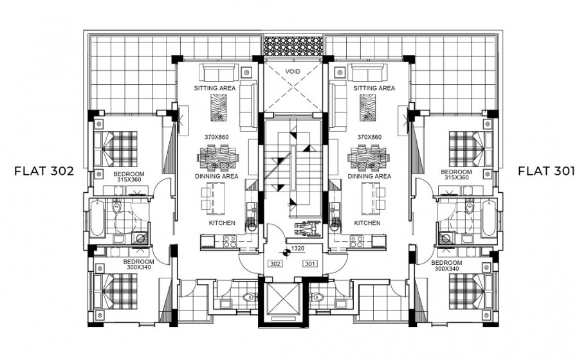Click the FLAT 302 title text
(x=44, y=171)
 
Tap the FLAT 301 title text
(x=546, y=171)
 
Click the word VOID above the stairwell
(x=293, y=71)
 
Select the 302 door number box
(x=275, y=264)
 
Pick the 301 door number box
(x=310, y=264)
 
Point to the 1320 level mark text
(x=298, y=249)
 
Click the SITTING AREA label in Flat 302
(x=215, y=88)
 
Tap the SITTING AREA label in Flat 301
(x=374, y=88)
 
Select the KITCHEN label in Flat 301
(x=367, y=223)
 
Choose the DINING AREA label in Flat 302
(x=217, y=176)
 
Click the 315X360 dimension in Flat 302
(x=129, y=180)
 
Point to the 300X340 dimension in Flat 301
(x=447, y=269)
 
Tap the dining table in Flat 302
(x=218, y=158)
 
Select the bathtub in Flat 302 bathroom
(x=98, y=218)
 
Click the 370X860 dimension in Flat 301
(x=369, y=137)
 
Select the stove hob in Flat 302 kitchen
(x=230, y=242)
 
